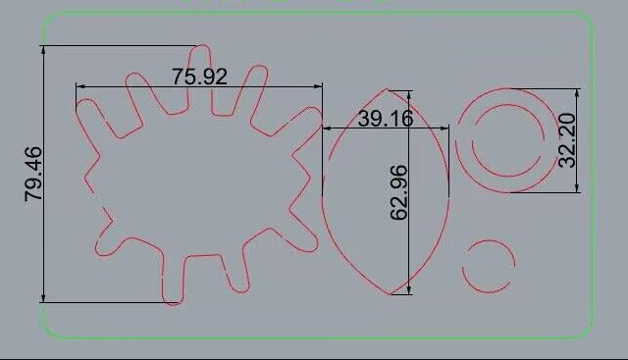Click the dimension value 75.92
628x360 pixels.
[x=199, y=77]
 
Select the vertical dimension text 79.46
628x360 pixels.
[x=33, y=174]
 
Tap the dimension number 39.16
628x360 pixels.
[x=386, y=119]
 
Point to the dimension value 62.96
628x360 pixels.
[x=399, y=192]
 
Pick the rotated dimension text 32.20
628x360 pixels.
[x=567, y=140]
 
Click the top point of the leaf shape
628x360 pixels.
[x=387, y=89]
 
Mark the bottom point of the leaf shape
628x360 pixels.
[x=389, y=294]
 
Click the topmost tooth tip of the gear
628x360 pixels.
[x=200, y=45]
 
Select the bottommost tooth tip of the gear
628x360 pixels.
[x=173, y=304]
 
